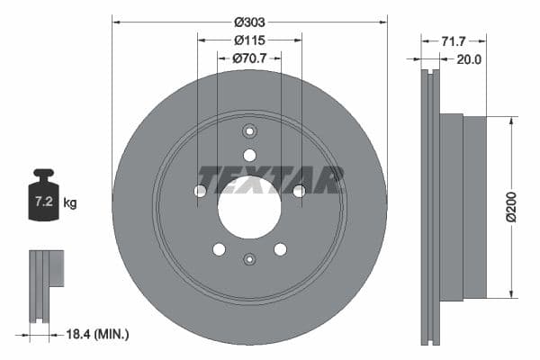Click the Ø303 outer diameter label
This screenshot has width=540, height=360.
point(249,22)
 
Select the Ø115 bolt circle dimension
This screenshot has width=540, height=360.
point(249,40)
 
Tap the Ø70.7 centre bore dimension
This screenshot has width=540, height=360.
point(249,58)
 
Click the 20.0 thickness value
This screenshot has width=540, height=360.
point(470,59)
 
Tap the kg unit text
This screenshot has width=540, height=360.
point(70,203)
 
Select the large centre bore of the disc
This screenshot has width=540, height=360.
point(249,207)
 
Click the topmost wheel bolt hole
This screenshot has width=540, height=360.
point(249,155)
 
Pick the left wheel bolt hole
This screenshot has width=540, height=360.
point(200,191)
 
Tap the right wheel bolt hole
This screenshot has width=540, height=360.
point(299,191)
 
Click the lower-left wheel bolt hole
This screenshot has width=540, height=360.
point(219,249)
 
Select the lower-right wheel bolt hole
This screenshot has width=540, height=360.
point(280,249)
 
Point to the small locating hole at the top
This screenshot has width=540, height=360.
point(249,130)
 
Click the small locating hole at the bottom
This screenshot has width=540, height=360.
point(249,260)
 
